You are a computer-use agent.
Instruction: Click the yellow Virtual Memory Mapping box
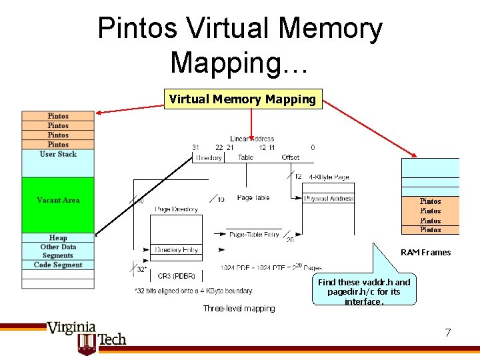pyautogui.click(x=243, y=99)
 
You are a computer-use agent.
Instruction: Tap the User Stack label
pyautogui.click(x=58, y=154)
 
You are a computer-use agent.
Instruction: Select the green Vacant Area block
pyautogui.click(x=58, y=200)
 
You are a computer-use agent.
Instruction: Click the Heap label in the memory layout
pyautogui.click(x=58, y=237)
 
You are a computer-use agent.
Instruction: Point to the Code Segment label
pyautogui.click(x=58, y=265)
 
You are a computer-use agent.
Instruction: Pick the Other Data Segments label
pyautogui.click(x=58, y=251)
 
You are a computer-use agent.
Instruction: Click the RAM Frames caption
pyautogui.click(x=425, y=252)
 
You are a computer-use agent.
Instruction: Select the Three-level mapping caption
pyautogui.click(x=239, y=308)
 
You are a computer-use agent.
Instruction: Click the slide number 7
pyautogui.click(x=448, y=332)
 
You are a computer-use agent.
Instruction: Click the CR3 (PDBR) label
pyautogui.click(x=177, y=275)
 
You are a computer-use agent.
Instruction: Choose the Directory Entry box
pyautogui.click(x=177, y=250)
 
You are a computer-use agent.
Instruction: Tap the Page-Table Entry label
pyautogui.click(x=254, y=235)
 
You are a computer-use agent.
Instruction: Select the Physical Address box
pyautogui.click(x=329, y=199)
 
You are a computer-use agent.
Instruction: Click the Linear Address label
pyautogui.click(x=252, y=139)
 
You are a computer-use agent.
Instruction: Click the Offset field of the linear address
pyautogui.click(x=291, y=158)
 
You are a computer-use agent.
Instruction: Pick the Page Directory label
pyautogui.click(x=176, y=209)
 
